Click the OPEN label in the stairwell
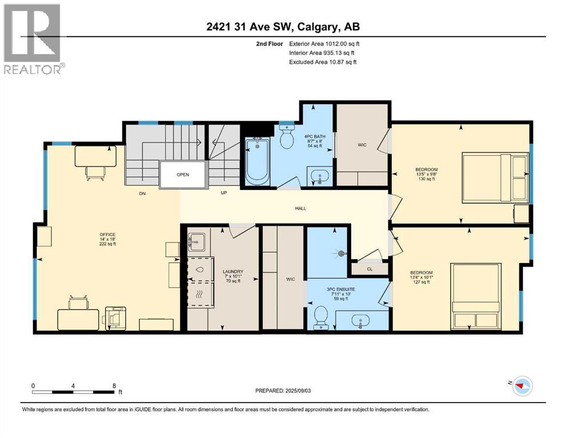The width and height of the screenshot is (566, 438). [182, 175]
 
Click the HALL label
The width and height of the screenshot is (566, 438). [300, 208]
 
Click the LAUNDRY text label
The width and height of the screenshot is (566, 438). [233, 271]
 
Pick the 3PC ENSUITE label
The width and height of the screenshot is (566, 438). [341, 289]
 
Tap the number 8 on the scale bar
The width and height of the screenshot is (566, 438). [115, 386]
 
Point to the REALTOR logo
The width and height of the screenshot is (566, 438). [34, 40]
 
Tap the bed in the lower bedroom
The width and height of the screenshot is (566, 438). [476, 295]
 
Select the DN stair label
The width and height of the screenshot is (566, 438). [143, 193]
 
